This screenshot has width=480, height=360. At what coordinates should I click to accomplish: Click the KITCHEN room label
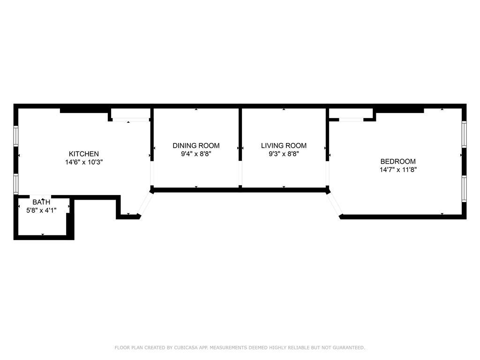click(84, 154)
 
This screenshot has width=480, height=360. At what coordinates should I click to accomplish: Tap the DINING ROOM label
click(196, 146)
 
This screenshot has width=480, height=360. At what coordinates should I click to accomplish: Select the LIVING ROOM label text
click(284, 146)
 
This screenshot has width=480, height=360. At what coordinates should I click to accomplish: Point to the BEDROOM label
click(398, 161)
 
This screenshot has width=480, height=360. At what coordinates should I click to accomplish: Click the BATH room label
click(41, 202)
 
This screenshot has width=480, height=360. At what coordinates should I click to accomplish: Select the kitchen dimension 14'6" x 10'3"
click(84, 162)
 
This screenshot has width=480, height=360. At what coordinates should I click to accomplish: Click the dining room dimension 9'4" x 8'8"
click(196, 154)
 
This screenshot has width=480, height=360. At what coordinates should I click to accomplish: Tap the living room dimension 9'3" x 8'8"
click(284, 154)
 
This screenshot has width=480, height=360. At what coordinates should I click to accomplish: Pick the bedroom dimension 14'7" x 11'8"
click(398, 170)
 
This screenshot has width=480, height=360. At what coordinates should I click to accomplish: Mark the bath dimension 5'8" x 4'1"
click(41, 210)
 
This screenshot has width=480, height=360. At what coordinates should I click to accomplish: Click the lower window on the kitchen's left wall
click(16, 184)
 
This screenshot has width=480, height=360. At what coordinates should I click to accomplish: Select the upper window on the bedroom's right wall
click(464, 135)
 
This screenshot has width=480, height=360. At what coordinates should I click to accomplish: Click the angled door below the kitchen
click(145, 204)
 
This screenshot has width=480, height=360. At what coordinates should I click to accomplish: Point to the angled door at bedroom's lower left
click(335, 204)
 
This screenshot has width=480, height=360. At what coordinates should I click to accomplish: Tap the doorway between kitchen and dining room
click(151, 174)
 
